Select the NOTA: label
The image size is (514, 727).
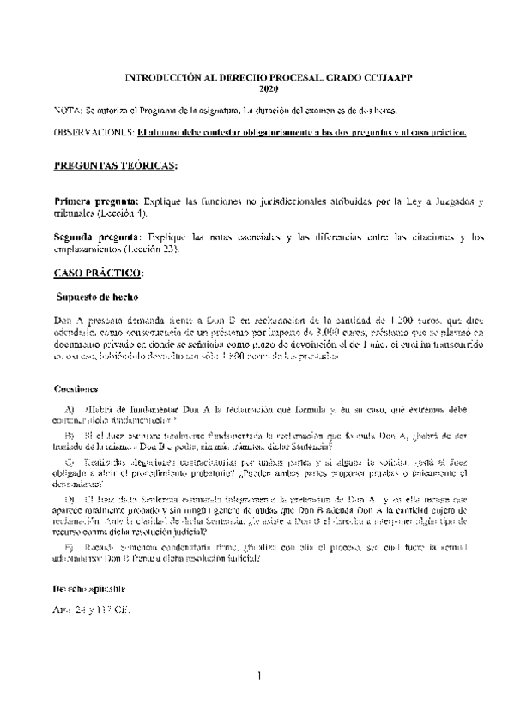[67, 111]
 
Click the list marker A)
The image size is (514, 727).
[70, 409]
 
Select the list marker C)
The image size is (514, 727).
[70, 462]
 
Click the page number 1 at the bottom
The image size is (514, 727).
[257, 677]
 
